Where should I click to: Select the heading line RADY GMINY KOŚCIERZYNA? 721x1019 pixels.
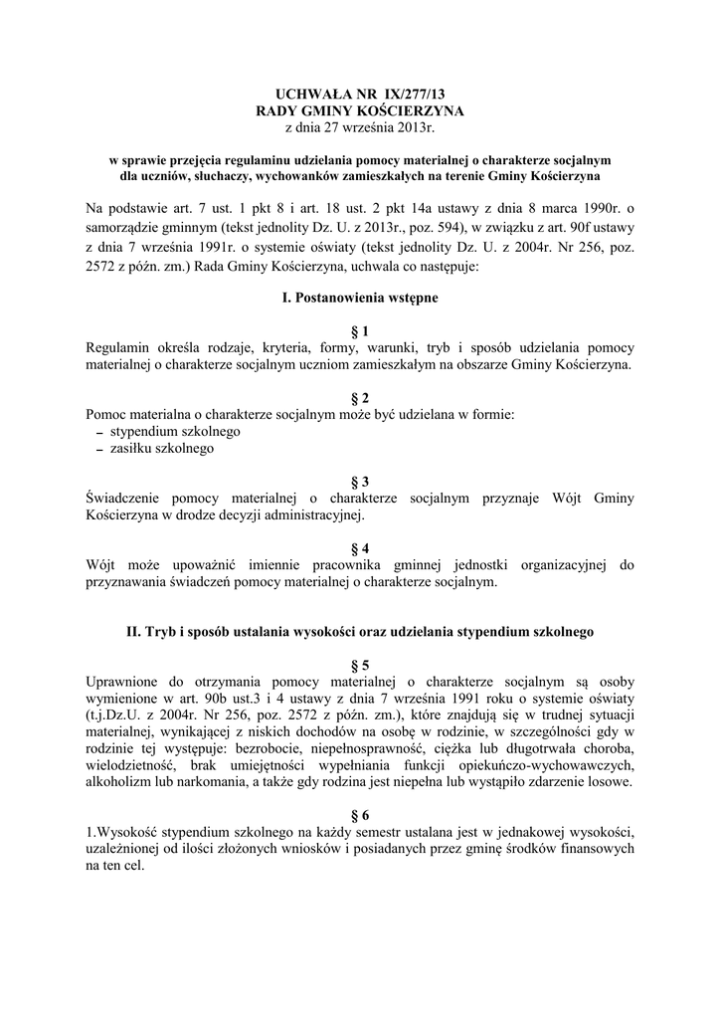359,109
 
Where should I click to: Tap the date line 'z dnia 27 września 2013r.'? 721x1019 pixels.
359,126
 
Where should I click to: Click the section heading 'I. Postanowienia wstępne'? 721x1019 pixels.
359,297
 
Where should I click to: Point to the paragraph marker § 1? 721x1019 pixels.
360,330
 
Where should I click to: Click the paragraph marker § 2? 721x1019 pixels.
360,397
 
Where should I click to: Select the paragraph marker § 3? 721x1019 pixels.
360,481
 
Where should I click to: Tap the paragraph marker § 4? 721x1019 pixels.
360,548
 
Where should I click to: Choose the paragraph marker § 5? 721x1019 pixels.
360,664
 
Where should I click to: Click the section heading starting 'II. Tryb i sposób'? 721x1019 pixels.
359,631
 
